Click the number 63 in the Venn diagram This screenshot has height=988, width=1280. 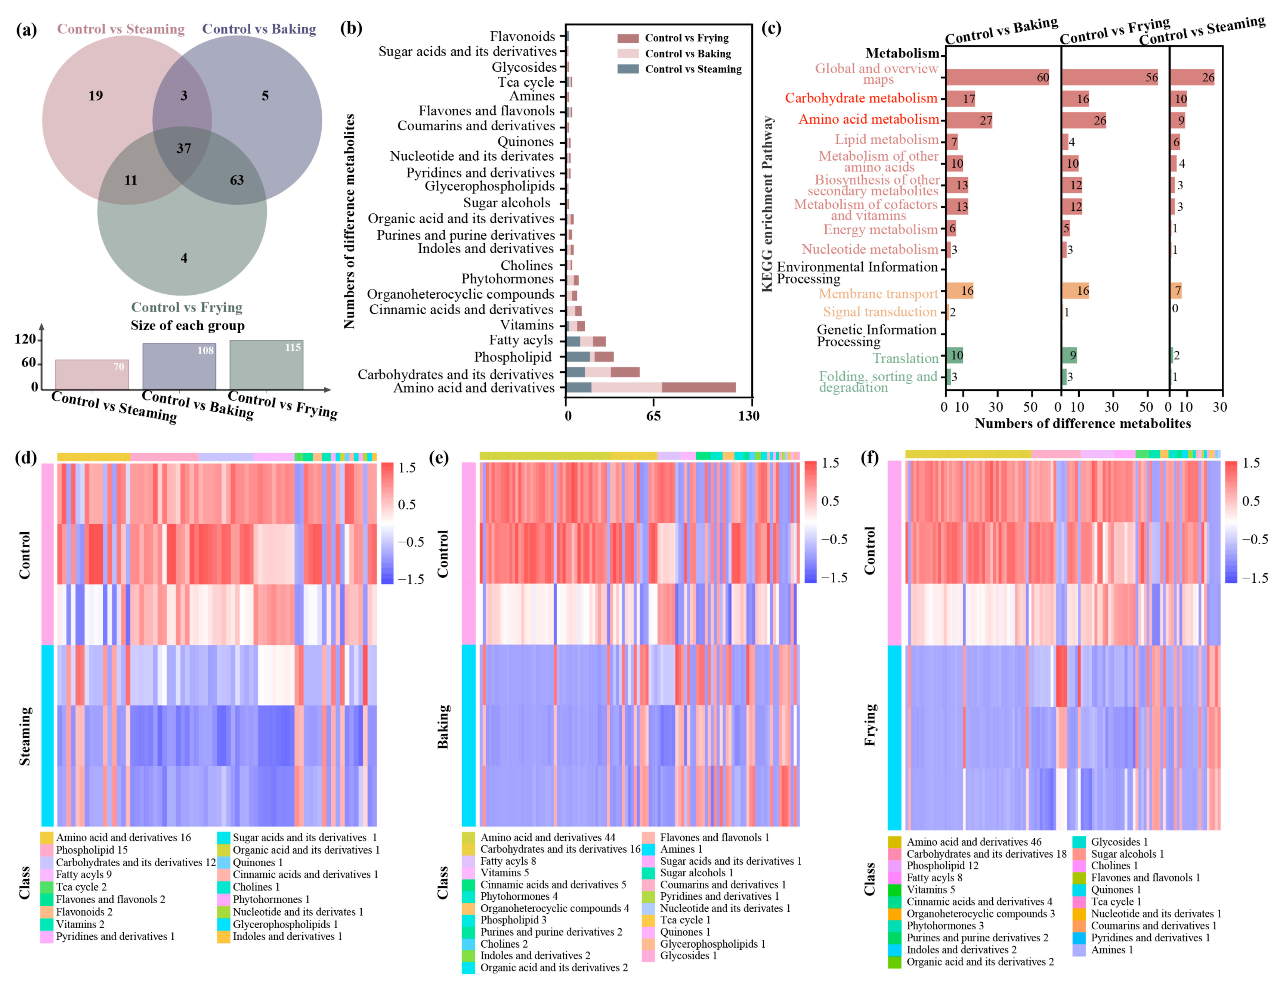[237, 180]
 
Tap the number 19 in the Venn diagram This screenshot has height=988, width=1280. [96, 96]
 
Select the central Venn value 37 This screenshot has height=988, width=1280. [183, 148]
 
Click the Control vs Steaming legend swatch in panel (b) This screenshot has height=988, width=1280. [628, 69]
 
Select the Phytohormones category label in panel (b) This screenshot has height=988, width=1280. [507, 279]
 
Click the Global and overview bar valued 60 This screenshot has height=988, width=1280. [996, 77]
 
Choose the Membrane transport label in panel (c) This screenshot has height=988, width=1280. [878, 294]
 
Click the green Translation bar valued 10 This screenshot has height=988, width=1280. [954, 355]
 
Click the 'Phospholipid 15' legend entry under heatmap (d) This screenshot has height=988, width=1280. [92, 850]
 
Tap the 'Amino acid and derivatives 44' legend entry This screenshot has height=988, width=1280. [547, 837]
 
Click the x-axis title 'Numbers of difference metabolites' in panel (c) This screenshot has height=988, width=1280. [1082, 424]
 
